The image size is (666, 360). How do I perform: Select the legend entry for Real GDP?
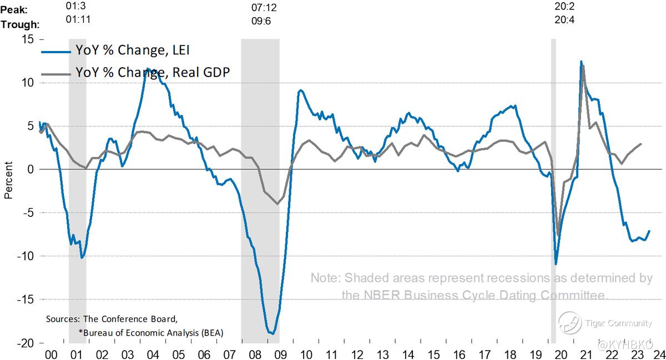[153, 72]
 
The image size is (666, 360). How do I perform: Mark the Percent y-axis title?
[8, 180]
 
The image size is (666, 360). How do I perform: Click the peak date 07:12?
[264, 9]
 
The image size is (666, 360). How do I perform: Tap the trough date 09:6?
[264, 24]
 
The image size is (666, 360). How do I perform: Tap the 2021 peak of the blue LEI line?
[581, 62]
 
